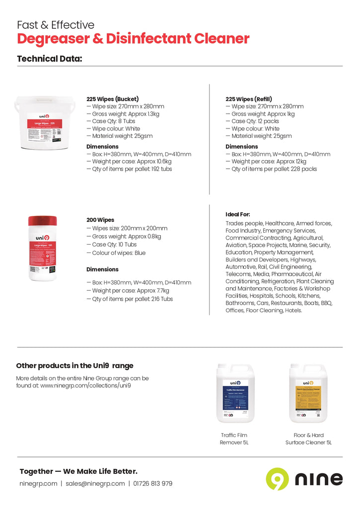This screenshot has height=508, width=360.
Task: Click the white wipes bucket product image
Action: click(44, 123)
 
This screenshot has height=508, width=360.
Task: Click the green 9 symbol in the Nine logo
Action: click(277, 479)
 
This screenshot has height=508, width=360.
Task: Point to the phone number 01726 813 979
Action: click(152, 484)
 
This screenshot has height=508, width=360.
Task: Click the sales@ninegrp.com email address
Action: click(95, 484)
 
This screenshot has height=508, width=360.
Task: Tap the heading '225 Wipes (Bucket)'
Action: click(112, 99)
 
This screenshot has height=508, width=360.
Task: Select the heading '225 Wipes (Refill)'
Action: click(249, 99)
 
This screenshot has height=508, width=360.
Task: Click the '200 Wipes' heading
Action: click(100, 220)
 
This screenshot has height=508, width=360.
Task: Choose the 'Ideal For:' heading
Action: click(238, 214)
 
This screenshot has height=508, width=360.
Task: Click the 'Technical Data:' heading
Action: click(50, 59)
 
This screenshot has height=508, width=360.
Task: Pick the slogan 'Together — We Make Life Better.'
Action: click(78, 471)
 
